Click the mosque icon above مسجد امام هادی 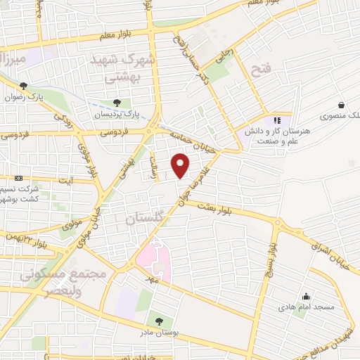pos(305,296)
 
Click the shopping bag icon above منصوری pos(341,105)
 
